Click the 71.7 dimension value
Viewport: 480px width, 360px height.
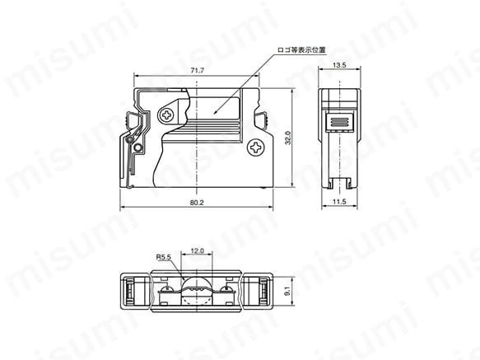[x=197, y=71]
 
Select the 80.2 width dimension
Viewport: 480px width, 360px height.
[x=197, y=203]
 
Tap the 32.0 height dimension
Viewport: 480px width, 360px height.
[x=288, y=138]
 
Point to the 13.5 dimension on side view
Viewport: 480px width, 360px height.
[x=339, y=65]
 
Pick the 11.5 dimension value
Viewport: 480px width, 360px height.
[x=339, y=202]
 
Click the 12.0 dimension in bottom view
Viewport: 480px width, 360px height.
[x=197, y=251]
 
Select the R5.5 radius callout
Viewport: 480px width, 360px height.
[x=164, y=257]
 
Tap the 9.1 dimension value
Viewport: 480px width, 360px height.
[x=287, y=291]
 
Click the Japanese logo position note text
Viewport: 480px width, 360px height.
[x=301, y=50]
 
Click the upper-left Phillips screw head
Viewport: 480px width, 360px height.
[x=167, y=115]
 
